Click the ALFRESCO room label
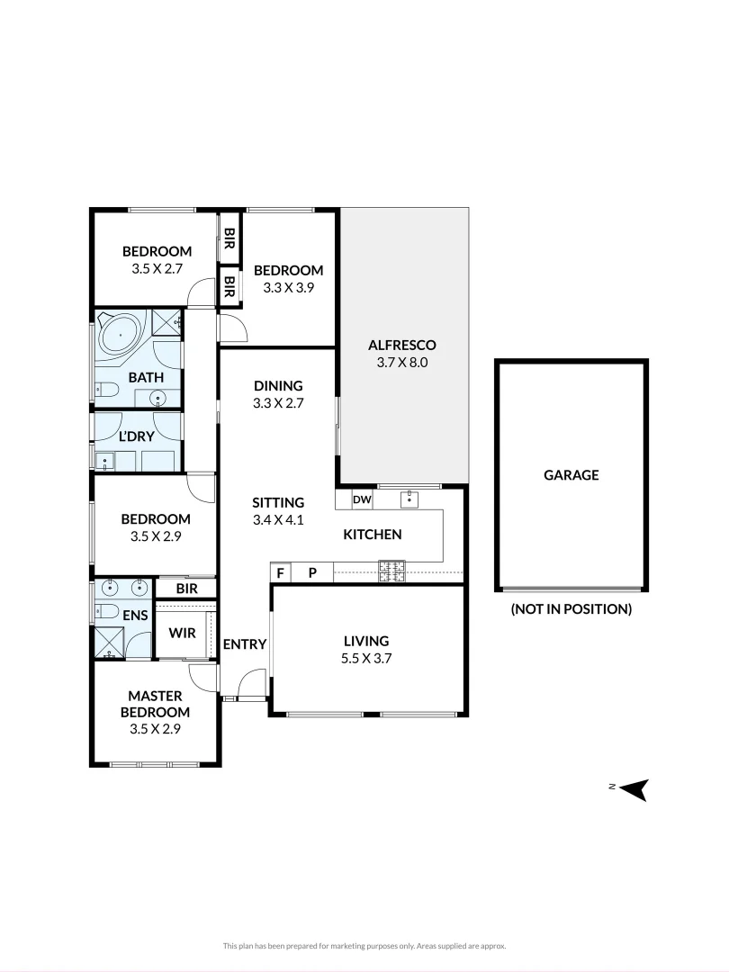point(402,345)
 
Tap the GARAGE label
point(571,475)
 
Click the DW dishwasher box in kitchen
point(362,499)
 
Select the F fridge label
point(281,572)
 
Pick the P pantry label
point(312,572)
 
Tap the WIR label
point(183,633)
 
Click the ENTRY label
point(245,643)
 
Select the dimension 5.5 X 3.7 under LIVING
point(366,658)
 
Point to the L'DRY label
point(137,436)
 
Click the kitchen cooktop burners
point(391,567)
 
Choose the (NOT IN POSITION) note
point(571,609)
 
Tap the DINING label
point(278,386)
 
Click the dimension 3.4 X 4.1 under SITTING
point(278,520)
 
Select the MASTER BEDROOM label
point(155,704)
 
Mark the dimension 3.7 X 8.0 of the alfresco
point(402,363)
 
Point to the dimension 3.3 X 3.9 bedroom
point(288,288)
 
